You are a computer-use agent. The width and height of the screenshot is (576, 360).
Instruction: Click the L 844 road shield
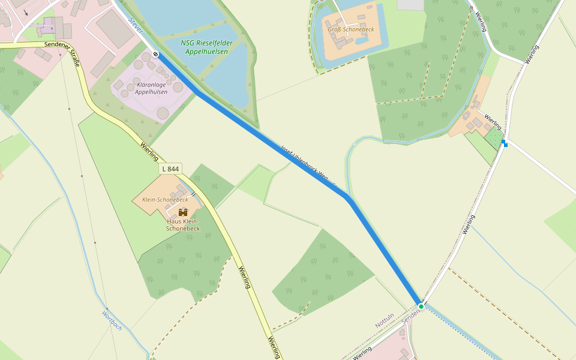click(x=171, y=169)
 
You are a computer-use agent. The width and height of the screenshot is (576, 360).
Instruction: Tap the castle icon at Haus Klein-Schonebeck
click(x=183, y=212)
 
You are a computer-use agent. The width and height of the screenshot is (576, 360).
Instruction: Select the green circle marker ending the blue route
click(x=421, y=307)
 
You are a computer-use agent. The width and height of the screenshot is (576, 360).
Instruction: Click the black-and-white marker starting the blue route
click(x=155, y=55)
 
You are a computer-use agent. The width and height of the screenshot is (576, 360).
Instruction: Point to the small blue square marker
click(x=505, y=143)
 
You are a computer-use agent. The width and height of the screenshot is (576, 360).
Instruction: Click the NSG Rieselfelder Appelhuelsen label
click(x=207, y=47)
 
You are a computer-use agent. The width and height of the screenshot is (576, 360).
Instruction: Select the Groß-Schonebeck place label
click(x=350, y=29)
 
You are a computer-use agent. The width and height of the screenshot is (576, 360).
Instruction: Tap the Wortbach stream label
click(x=112, y=320)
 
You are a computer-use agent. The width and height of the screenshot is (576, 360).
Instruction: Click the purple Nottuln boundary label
click(x=385, y=320)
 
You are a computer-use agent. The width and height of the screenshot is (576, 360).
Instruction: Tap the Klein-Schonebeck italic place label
click(x=165, y=199)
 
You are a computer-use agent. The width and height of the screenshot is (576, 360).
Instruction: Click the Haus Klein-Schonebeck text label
click(x=183, y=225)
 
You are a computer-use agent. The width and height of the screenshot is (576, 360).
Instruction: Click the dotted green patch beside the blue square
click(x=494, y=138)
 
